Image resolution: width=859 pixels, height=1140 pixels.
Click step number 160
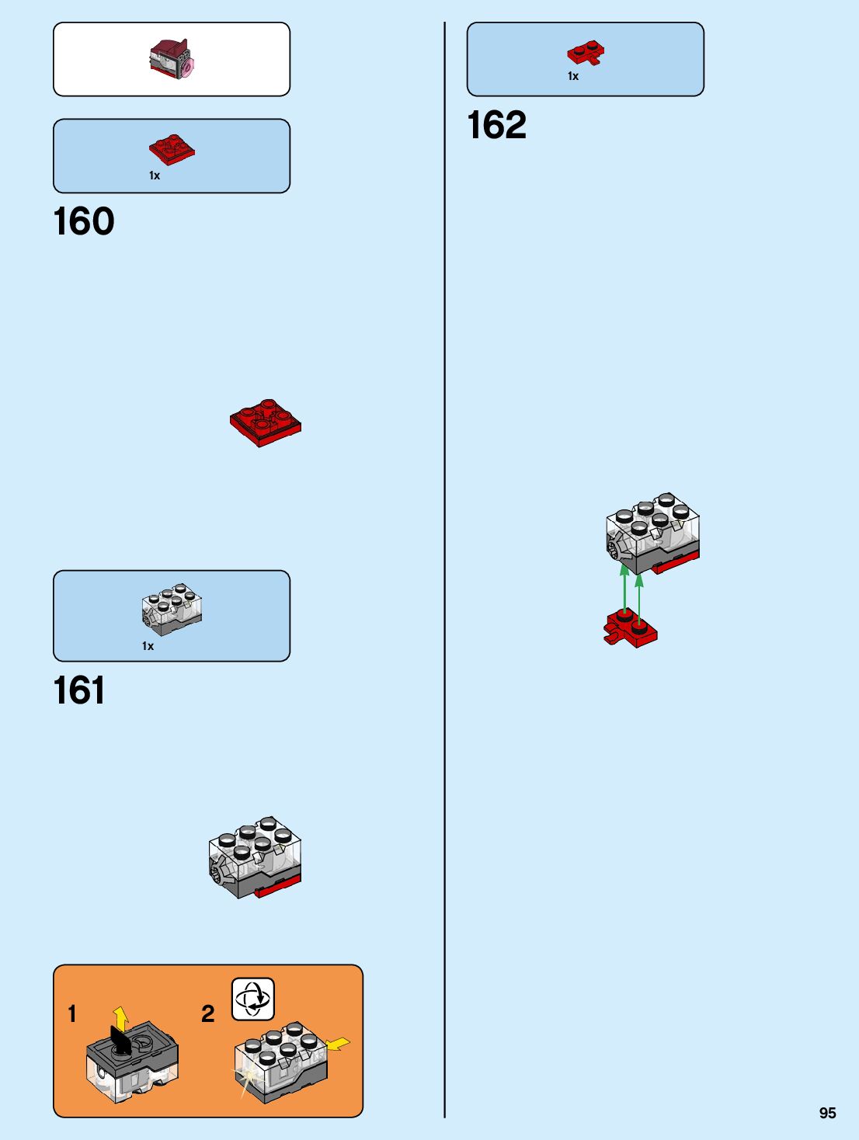pyautogui.click(x=84, y=221)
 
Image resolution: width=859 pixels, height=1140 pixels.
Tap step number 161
pyautogui.click(x=79, y=690)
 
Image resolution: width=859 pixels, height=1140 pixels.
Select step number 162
pyautogui.click(x=497, y=125)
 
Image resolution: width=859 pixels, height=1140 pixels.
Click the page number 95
pyautogui.click(x=827, y=1113)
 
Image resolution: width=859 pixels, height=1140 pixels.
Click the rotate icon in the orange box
pyautogui.click(x=253, y=999)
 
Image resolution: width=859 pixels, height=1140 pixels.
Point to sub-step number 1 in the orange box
pyautogui.click(x=72, y=1013)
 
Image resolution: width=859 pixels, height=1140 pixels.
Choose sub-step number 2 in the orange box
pyautogui.click(x=207, y=1013)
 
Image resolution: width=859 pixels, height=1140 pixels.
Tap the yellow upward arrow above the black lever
pyautogui.click(x=120, y=1017)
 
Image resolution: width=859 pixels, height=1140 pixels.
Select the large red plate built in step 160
pyautogui.click(x=266, y=422)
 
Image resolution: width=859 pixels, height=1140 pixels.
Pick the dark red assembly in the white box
pyautogui.click(x=172, y=59)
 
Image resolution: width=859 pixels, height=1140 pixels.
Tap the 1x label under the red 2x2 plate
pyautogui.click(x=155, y=176)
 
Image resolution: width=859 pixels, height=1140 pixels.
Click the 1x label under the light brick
pyautogui.click(x=148, y=646)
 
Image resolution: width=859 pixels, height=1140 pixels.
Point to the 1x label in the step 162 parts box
pyautogui.click(x=573, y=76)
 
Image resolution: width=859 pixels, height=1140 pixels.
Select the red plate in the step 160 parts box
pyautogui.click(x=172, y=149)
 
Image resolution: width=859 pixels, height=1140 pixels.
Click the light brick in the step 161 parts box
pyautogui.click(x=172, y=609)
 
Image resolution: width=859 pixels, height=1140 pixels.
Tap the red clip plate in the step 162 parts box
pyautogui.click(x=586, y=53)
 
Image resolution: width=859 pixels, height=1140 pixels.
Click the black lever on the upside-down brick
pyautogui.click(x=120, y=1041)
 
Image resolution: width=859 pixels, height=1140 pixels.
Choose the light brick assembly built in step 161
pyautogui.click(x=255, y=857)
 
